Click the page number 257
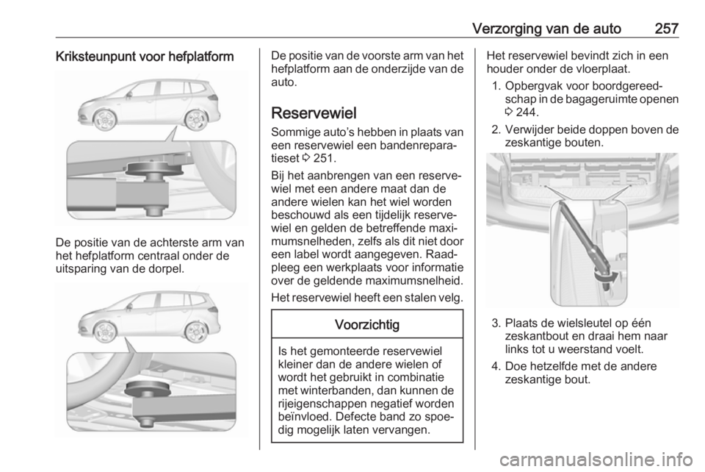pyautogui.click(x=665, y=29)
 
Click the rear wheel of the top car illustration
pyautogui.click(x=195, y=119)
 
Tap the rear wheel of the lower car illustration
pyautogui.click(x=195, y=332)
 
